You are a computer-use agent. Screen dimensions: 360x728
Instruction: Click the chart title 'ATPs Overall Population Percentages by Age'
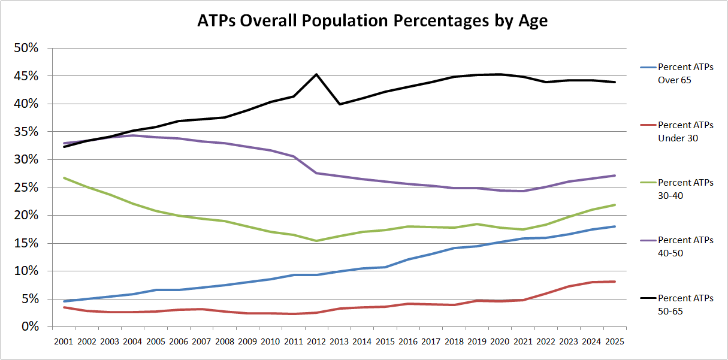pyautogui.click(x=373, y=21)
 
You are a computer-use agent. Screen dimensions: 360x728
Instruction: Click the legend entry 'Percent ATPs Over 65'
pyautogui.click(x=685, y=73)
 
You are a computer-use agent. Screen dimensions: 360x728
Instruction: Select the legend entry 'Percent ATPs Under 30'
pyautogui.click(x=685, y=131)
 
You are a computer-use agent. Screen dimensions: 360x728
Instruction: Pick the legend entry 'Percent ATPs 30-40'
pyautogui.click(x=685, y=188)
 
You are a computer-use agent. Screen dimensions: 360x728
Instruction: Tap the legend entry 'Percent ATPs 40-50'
pyautogui.click(x=685, y=246)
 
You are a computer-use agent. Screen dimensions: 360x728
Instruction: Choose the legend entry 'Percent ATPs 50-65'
pyautogui.click(x=685, y=303)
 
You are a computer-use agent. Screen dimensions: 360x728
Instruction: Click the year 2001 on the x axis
pyautogui.click(x=64, y=341)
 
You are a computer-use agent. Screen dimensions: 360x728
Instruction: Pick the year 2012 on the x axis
pyautogui.click(x=316, y=341)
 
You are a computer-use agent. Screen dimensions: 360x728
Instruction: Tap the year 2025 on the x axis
pyautogui.click(x=614, y=341)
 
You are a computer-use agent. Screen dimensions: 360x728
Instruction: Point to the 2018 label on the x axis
pyautogui.click(x=454, y=341)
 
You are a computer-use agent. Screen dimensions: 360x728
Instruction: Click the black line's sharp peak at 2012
pyautogui.click(x=316, y=74)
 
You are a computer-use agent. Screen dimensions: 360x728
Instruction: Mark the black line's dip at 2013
pyautogui.click(x=340, y=104)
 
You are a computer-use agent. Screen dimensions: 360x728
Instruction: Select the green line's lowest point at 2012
pyautogui.click(x=316, y=241)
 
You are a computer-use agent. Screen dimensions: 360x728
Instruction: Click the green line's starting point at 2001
pyautogui.click(x=64, y=178)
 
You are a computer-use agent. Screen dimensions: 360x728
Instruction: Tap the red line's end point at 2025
pyautogui.click(x=614, y=282)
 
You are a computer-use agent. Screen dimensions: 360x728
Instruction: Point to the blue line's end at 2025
pyautogui.click(x=614, y=226)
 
